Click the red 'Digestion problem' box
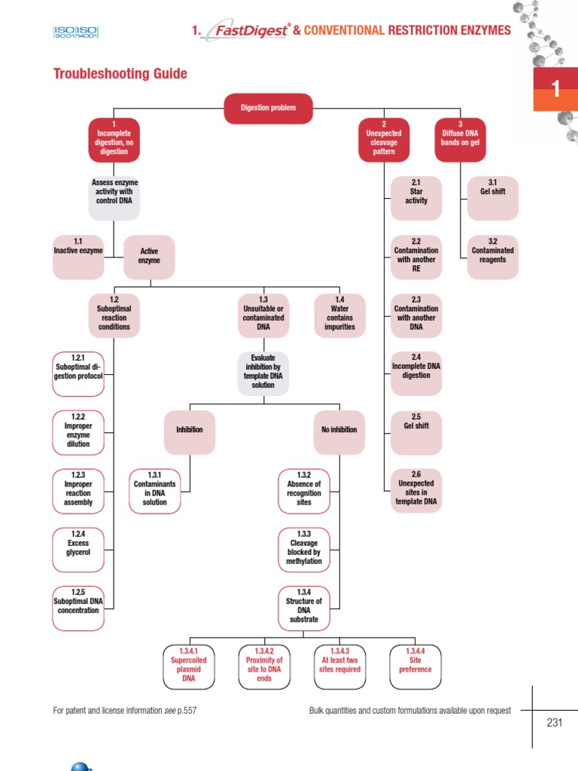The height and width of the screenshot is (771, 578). [x=268, y=108]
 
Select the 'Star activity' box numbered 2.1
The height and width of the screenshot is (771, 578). [x=416, y=192]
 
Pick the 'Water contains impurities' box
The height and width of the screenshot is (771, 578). [x=339, y=313]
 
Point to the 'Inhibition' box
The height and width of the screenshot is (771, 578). [x=189, y=430]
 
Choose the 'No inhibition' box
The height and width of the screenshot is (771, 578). [x=339, y=430]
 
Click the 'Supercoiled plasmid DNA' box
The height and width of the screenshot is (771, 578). [x=188, y=665]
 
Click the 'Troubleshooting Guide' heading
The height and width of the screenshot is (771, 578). [x=120, y=74]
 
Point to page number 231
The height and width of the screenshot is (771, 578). [x=555, y=723]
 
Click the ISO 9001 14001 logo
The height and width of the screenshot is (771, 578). [x=76, y=32]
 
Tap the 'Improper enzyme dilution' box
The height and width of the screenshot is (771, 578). [x=78, y=430]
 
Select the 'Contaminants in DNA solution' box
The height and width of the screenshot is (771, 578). [x=155, y=489]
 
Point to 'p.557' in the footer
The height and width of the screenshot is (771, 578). [x=187, y=710]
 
